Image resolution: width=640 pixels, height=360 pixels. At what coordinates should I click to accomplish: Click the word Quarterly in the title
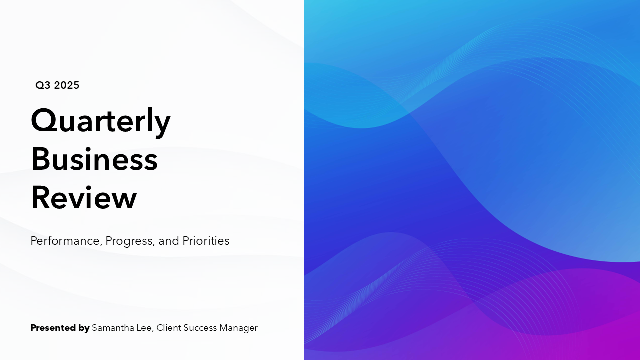click(x=100, y=121)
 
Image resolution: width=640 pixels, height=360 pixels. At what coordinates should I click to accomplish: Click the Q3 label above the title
click(x=43, y=85)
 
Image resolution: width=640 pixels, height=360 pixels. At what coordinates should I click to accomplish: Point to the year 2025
click(x=67, y=85)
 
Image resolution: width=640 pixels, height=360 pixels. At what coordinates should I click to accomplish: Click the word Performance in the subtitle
click(x=65, y=241)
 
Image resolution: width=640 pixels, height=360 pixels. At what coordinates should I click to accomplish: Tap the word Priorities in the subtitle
click(x=206, y=241)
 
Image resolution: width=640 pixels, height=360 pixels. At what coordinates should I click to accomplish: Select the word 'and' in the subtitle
click(x=169, y=241)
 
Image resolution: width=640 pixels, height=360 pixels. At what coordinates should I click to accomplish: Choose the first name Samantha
click(x=113, y=328)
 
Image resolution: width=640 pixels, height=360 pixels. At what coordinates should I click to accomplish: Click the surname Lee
click(x=145, y=328)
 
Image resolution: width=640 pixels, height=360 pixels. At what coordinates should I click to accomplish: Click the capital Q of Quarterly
click(x=43, y=121)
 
